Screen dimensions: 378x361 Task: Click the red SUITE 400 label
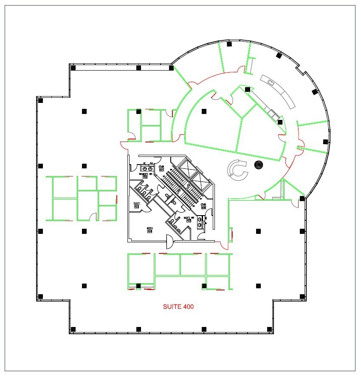click(x=179, y=306)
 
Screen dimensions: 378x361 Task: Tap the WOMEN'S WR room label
click(x=145, y=174)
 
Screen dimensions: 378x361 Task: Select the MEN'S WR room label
click(x=189, y=218)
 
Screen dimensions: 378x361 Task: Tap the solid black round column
click(x=258, y=165)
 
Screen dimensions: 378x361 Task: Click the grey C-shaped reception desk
click(x=236, y=168)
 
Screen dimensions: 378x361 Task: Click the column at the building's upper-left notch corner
click(x=73, y=67)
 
